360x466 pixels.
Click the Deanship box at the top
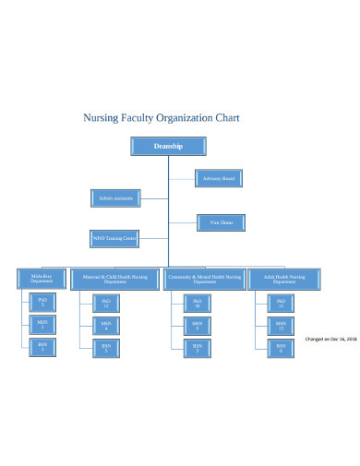click(x=167, y=146)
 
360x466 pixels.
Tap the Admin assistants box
click(x=115, y=197)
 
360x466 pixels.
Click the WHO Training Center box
click(x=114, y=239)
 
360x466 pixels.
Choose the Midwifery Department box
click(x=42, y=278)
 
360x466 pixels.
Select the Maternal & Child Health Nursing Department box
click(x=114, y=278)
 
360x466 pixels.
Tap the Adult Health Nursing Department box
click(x=284, y=278)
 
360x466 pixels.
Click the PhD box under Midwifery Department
click(x=42, y=302)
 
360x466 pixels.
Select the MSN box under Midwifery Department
click(x=42, y=324)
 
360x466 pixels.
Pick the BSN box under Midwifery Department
click(x=42, y=346)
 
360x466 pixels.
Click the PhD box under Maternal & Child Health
click(x=106, y=302)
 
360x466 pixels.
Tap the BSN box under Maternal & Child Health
click(x=106, y=347)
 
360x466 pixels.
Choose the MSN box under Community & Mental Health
click(x=197, y=324)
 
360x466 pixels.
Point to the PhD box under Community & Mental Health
click(x=197, y=302)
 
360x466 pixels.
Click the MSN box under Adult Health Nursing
click(x=281, y=324)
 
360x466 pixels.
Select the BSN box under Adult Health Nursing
click(x=281, y=347)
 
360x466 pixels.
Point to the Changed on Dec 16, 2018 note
click(x=331, y=338)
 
